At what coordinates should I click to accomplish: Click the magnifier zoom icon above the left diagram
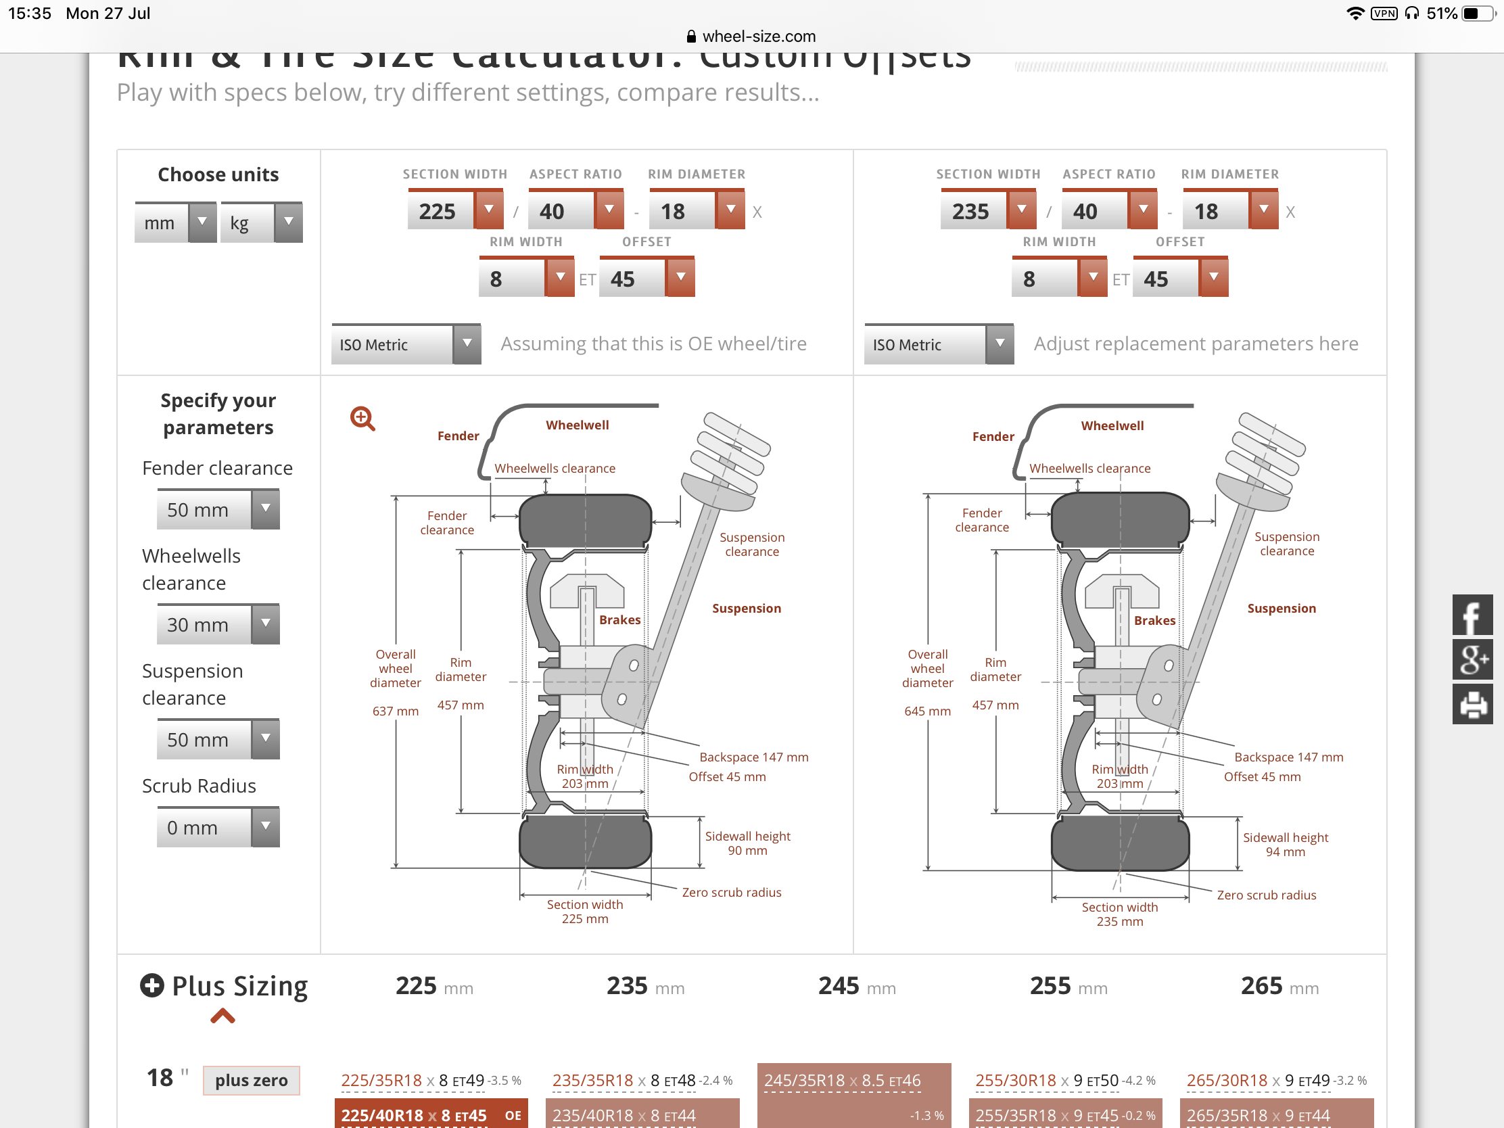(x=362, y=418)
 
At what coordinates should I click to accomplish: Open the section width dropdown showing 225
(x=488, y=210)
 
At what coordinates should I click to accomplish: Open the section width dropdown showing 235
(x=1021, y=210)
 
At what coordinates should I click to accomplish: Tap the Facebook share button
(x=1472, y=615)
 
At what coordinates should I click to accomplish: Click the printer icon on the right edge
(x=1472, y=704)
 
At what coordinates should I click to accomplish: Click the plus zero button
(x=251, y=1080)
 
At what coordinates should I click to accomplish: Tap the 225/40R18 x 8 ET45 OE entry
(x=430, y=1114)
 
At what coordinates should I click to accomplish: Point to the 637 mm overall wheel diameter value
(x=395, y=711)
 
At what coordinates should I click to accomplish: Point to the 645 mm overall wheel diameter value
(x=927, y=711)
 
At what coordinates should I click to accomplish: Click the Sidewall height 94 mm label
(x=1285, y=845)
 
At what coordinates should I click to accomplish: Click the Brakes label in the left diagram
(x=619, y=620)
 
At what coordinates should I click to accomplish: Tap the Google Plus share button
(x=1472, y=659)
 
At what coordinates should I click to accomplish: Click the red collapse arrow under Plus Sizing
(x=222, y=1016)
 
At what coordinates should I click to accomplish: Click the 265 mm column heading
(x=1279, y=986)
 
